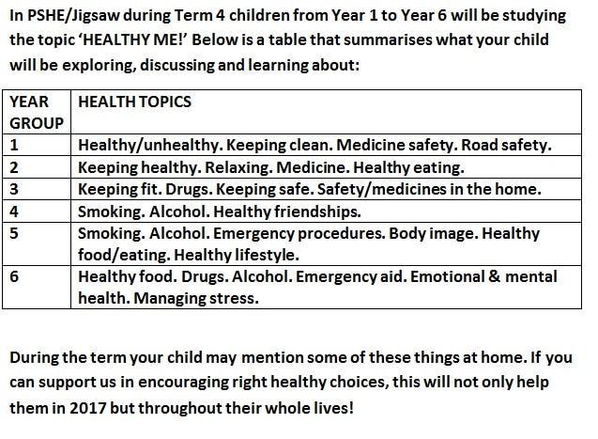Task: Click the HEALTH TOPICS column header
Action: pos(134,102)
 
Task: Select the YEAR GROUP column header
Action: pos(37,112)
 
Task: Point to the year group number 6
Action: pos(14,276)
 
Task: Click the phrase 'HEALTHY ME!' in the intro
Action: pos(133,39)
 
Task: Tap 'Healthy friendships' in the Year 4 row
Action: pos(286,212)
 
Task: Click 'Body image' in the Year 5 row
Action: pos(434,234)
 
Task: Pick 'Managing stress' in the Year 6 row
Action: pos(195,298)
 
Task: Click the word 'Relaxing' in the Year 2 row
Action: pos(238,167)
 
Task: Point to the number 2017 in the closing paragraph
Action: pos(87,408)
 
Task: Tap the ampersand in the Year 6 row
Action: pos(494,276)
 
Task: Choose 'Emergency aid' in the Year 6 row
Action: pos(350,276)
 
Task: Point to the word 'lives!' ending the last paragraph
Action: pos(333,408)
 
